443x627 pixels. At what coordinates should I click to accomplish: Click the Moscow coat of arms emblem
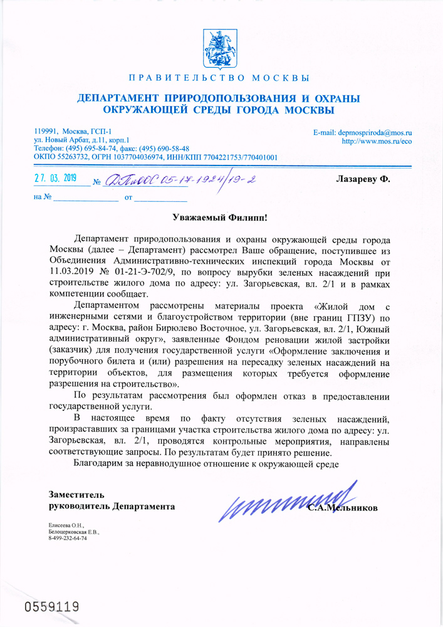[x=222, y=47]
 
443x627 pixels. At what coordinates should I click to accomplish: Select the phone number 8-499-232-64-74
[x=69, y=538]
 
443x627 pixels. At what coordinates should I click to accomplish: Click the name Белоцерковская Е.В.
[x=73, y=531]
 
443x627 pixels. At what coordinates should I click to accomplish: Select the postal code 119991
[x=45, y=130]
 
